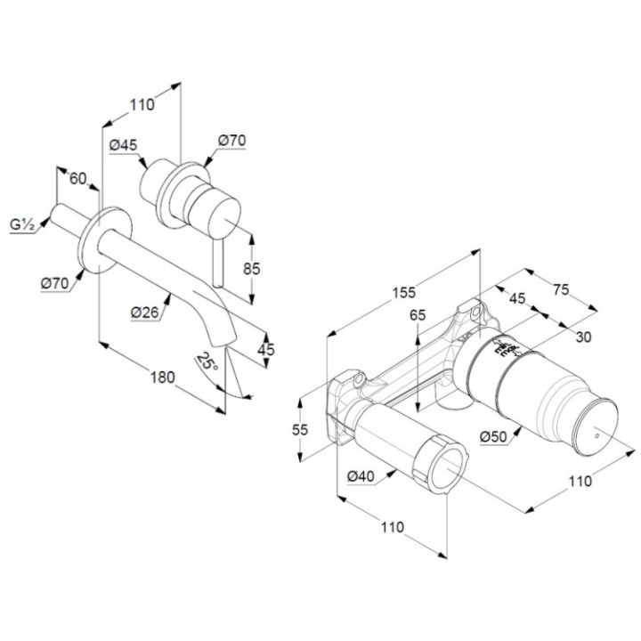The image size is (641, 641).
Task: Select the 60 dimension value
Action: tap(77, 178)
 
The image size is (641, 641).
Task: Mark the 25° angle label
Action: tap(207, 362)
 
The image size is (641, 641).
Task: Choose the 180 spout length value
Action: tap(161, 377)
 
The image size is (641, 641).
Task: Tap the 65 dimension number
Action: tap(418, 314)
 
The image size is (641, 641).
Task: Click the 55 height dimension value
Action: tap(299, 429)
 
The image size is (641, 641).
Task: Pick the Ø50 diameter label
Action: tap(493, 437)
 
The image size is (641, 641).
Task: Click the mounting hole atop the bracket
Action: tap(474, 311)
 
